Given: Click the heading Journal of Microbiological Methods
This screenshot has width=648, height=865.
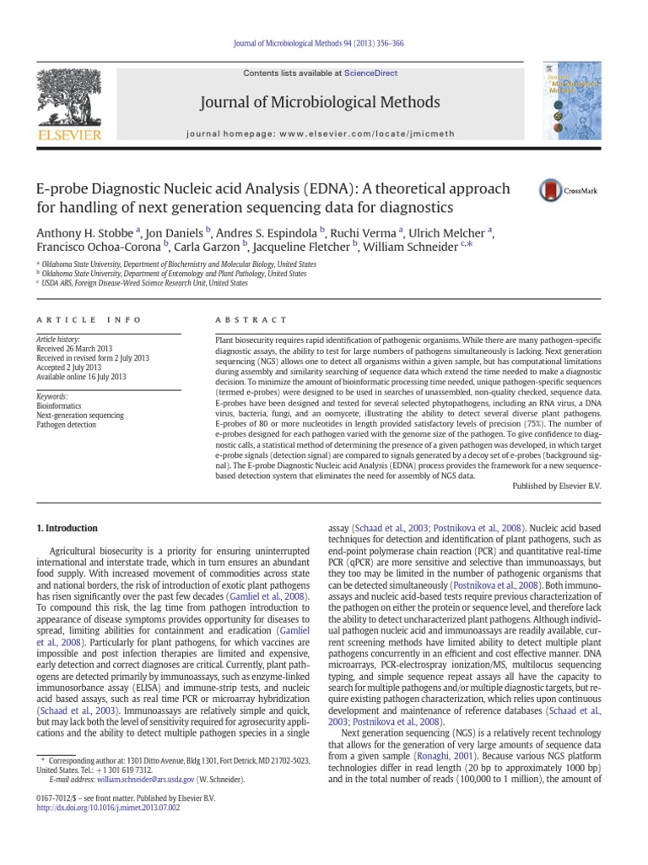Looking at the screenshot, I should [x=320, y=102].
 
